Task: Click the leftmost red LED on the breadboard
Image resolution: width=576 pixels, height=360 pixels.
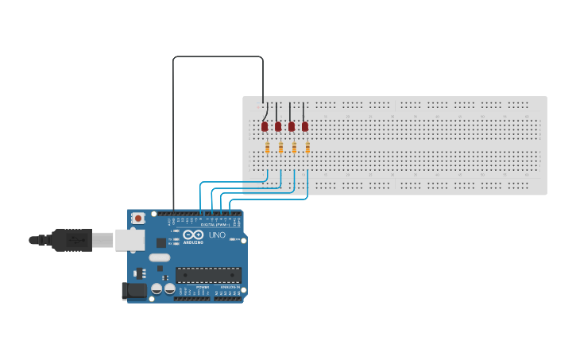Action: (x=265, y=126)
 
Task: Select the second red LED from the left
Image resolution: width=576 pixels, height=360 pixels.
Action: (x=278, y=126)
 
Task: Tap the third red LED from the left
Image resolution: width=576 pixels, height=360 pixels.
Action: (x=292, y=126)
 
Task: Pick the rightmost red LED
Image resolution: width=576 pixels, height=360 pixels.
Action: (x=305, y=126)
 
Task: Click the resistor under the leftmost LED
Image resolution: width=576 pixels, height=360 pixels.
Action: (x=268, y=147)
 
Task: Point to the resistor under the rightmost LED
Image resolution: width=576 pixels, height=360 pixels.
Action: (x=307, y=147)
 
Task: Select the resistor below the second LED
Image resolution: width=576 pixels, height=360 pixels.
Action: (x=281, y=147)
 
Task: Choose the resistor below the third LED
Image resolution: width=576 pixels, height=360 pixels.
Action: (x=294, y=147)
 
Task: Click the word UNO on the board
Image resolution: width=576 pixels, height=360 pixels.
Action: (x=217, y=235)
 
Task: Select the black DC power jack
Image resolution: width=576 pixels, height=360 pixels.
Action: (x=135, y=291)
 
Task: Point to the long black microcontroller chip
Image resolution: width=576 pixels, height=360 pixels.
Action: (x=208, y=275)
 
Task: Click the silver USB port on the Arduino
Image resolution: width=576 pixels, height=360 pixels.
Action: (x=130, y=239)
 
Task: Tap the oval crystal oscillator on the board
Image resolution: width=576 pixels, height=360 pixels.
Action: (x=160, y=257)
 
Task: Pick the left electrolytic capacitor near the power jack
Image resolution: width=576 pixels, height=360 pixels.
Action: (x=157, y=289)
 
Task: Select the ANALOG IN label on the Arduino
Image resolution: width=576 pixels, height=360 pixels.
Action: (x=228, y=287)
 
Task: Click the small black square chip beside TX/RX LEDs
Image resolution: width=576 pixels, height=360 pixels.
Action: (x=161, y=243)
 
